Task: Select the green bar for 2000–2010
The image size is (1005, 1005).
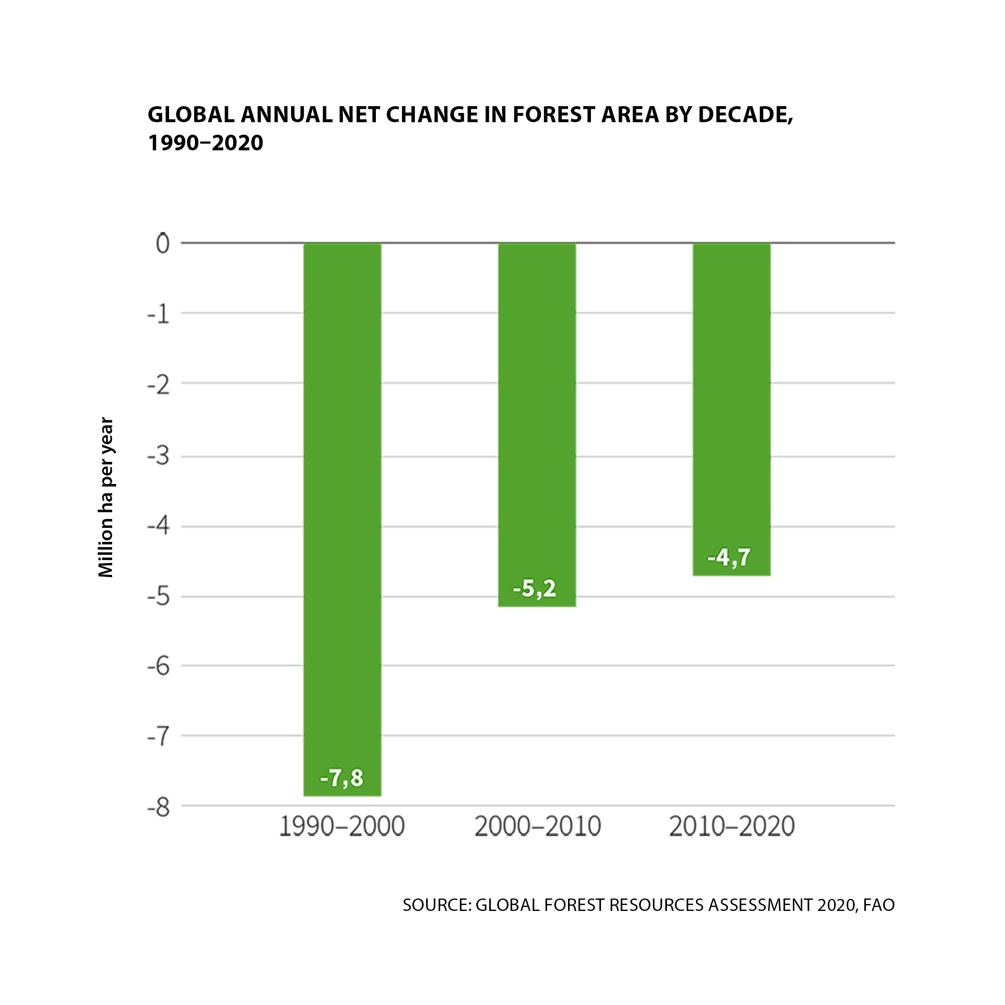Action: [537, 424]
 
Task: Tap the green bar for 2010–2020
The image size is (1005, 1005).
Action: [731, 408]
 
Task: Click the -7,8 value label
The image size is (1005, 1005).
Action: [342, 778]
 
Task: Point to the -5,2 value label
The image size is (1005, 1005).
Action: [535, 589]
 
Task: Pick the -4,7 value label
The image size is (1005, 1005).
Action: [729, 558]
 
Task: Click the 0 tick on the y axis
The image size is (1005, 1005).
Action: [163, 244]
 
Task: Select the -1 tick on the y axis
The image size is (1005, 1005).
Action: [159, 314]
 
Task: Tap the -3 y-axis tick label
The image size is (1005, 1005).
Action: [159, 457]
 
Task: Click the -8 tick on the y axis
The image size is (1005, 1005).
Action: [159, 808]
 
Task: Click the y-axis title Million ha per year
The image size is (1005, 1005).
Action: [106, 497]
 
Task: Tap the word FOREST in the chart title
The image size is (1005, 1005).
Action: [553, 115]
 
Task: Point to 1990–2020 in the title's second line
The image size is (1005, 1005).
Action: [205, 143]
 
